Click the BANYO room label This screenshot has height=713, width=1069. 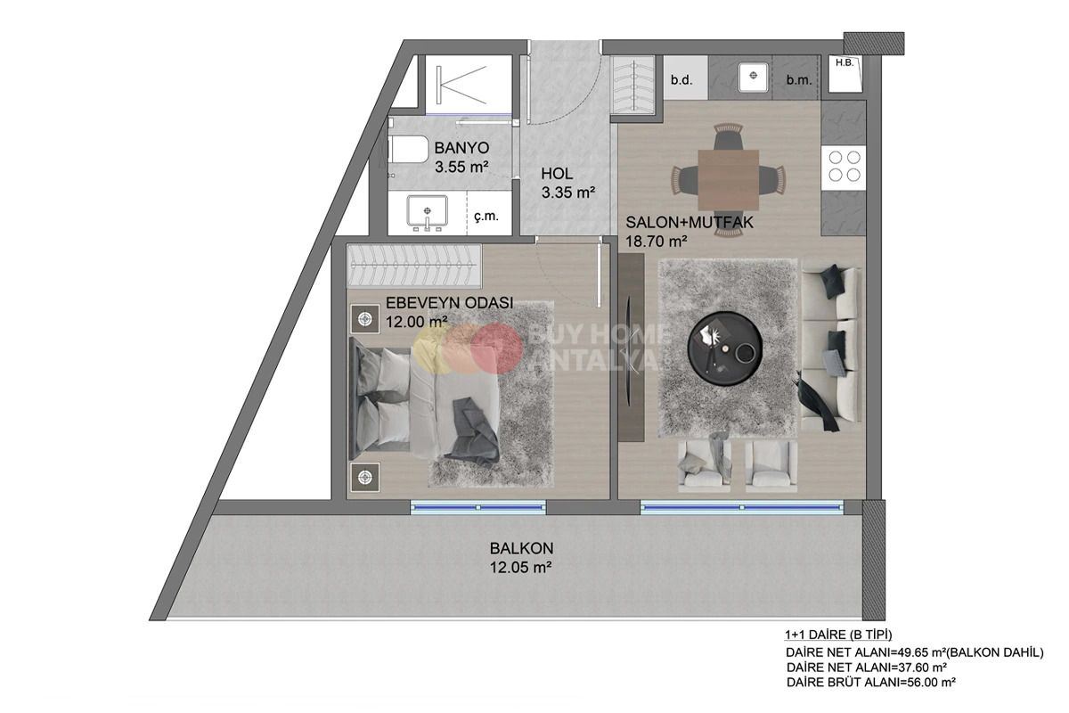pos(461,148)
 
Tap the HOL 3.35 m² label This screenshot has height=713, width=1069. pos(558,174)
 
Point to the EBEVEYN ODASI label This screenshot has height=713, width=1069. pos(449,303)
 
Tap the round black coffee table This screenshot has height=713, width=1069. pos(725,348)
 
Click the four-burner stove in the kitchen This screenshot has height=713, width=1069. pos(844,166)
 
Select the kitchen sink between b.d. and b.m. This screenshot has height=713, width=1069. pos(754,77)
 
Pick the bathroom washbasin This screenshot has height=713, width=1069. pos(428,214)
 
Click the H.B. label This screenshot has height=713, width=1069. pos(843,62)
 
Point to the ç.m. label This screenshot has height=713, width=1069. pos(486,216)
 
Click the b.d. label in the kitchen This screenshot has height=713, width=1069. pos(681,80)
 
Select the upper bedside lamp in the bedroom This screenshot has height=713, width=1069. pos(364,317)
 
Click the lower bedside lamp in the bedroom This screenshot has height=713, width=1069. pos(363,477)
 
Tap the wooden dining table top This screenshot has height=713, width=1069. pos(728,178)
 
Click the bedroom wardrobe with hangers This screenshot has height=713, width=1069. pos(413,266)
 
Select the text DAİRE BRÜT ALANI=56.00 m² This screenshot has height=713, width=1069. pos(870,682)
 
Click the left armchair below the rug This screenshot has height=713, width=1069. pos(704,465)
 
